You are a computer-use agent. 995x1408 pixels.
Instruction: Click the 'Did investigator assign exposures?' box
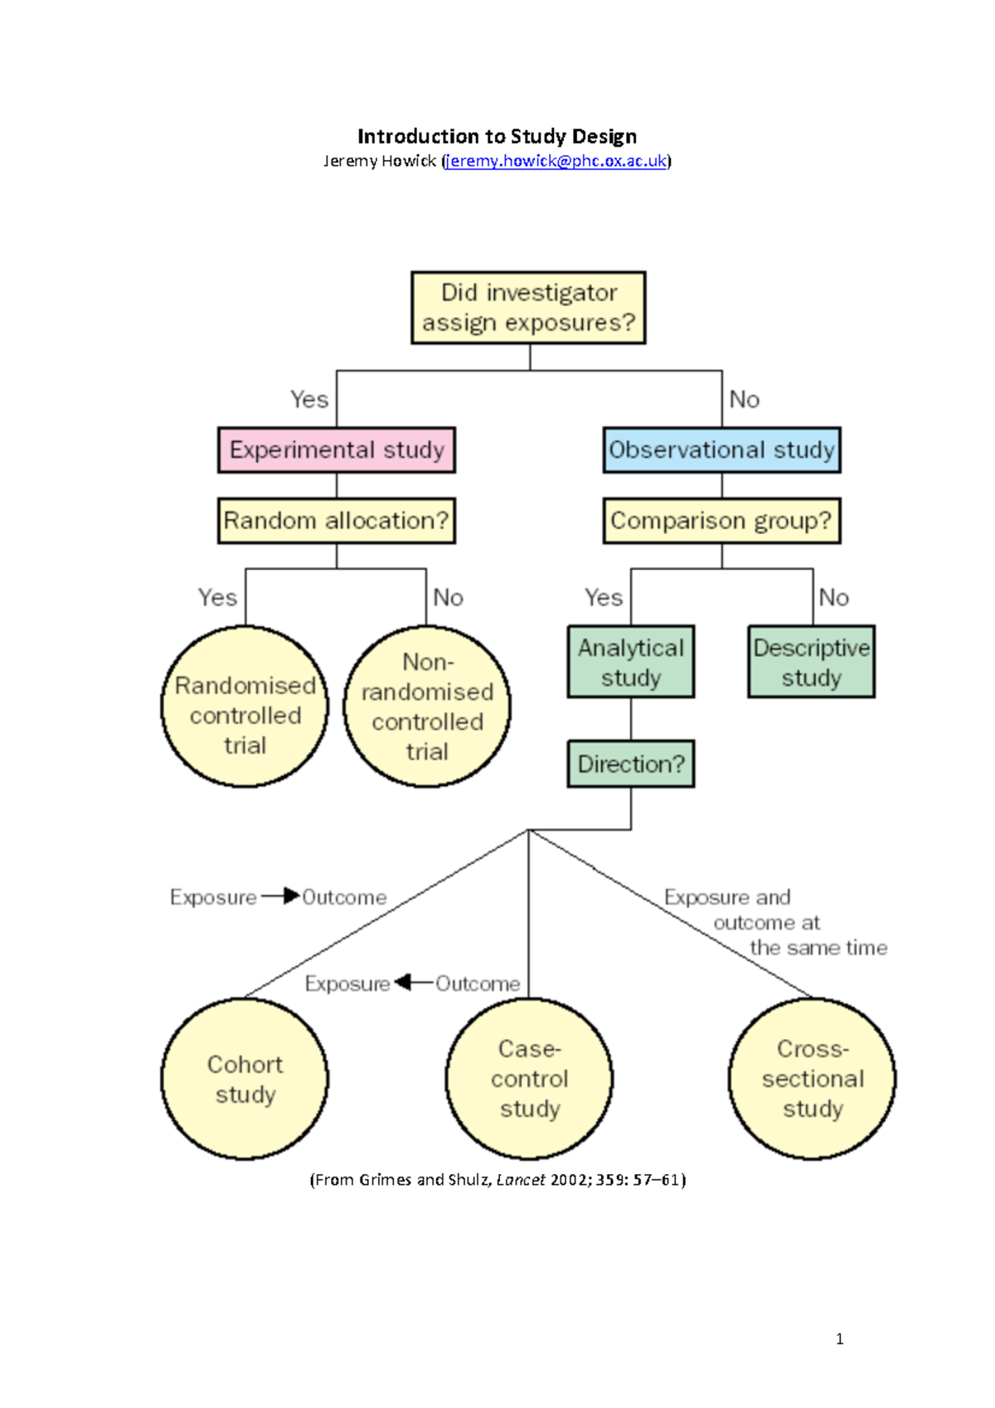(x=528, y=308)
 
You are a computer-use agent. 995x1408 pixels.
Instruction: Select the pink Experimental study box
(x=337, y=450)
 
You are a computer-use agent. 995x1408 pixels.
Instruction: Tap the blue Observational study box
(x=721, y=450)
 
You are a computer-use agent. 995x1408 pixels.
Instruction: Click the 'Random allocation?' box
(x=337, y=521)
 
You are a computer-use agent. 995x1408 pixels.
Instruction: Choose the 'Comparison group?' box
(x=721, y=521)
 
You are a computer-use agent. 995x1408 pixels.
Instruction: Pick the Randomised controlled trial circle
(x=245, y=706)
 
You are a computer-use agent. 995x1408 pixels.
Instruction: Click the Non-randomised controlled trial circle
(x=427, y=706)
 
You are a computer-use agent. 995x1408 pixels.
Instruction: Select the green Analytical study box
(x=631, y=662)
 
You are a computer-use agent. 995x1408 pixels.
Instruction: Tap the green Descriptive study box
(x=811, y=662)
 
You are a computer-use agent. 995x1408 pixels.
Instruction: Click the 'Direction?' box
(x=631, y=764)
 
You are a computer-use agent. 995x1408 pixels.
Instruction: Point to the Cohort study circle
(x=245, y=1079)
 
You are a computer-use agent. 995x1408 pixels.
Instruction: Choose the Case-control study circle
(x=529, y=1079)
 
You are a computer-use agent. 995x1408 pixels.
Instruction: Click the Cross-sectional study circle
(x=813, y=1079)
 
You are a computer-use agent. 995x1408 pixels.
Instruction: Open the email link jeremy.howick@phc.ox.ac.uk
(x=556, y=161)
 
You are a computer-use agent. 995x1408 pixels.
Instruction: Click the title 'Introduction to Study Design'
(x=497, y=136)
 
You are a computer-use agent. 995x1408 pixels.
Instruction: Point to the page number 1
(x=840, y=1338)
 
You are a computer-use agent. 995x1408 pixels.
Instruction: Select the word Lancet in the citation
(x=521, y=1180)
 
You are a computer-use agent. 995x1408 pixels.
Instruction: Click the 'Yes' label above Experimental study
(x=309, y=400)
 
